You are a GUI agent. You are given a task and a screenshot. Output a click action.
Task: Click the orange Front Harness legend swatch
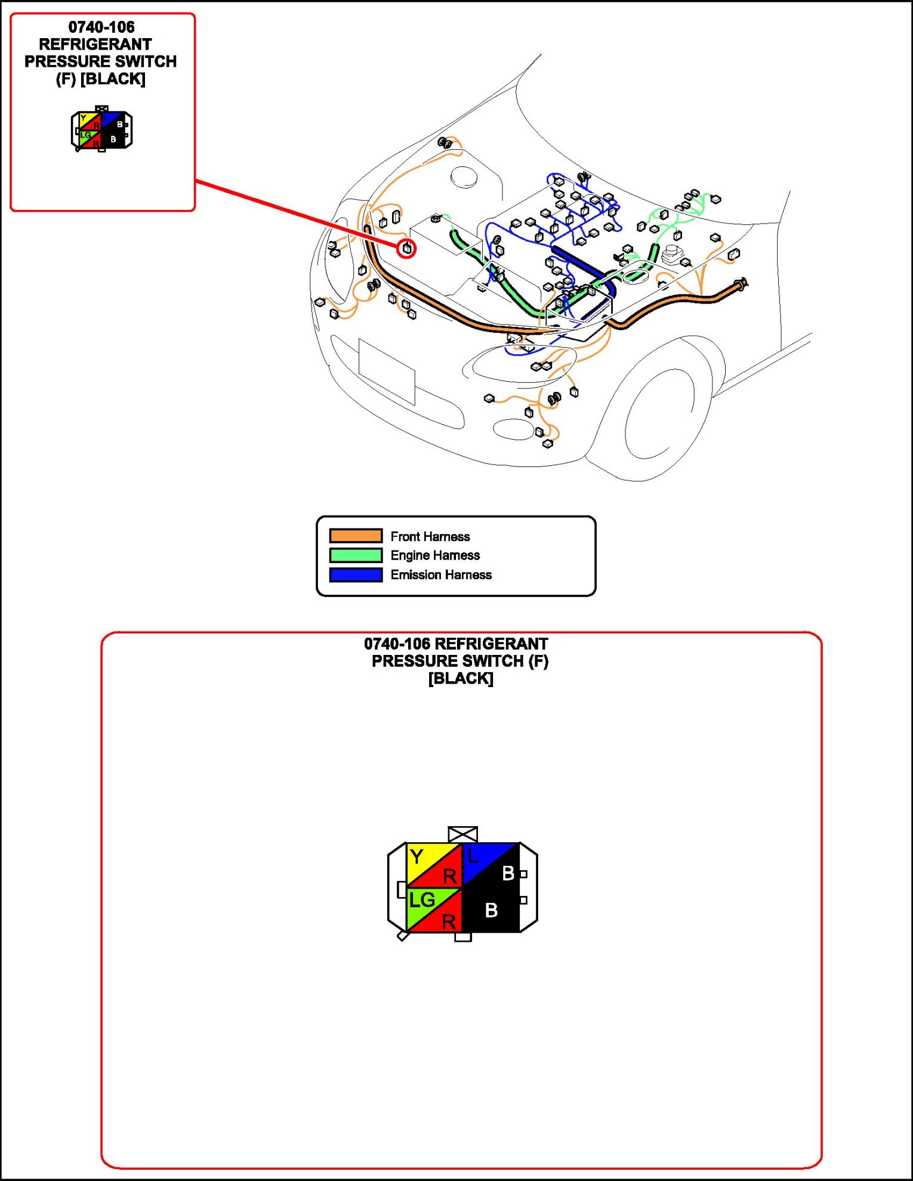[356, 536]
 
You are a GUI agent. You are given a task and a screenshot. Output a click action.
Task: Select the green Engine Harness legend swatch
[356, 555]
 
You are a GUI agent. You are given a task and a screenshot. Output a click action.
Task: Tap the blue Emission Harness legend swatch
[356, 575]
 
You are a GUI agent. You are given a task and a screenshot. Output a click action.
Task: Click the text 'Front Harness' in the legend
[430, 536]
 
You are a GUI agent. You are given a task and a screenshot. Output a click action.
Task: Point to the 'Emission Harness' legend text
[441, 575]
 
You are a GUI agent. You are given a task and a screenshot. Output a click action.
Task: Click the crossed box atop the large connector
[462, 834]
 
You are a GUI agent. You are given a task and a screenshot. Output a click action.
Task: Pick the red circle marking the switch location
[407, 248]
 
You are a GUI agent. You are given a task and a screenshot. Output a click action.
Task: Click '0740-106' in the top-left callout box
[101, 27]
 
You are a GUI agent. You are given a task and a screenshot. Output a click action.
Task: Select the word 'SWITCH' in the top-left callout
[144, 61]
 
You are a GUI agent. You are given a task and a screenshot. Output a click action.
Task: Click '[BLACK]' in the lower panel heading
[461, 678]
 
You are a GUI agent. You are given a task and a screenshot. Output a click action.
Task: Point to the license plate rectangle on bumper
[387, 371]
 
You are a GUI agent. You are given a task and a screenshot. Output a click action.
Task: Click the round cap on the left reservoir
[464, 177]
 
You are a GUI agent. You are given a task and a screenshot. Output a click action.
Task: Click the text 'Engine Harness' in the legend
[435, 555]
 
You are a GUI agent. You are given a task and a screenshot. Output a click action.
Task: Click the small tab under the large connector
[462, 937]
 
